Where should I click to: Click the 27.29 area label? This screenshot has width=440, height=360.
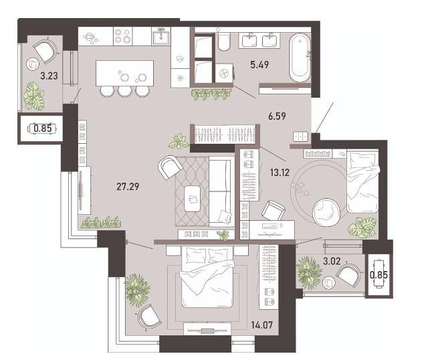[128, 186]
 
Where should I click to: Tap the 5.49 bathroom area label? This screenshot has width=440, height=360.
[259, 65]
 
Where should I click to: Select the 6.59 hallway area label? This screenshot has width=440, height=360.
[277, 116]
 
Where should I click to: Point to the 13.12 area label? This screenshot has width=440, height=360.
[280, 173]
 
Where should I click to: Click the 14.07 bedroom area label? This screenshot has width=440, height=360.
[262, 325]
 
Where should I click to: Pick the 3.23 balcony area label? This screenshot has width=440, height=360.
[49, 76]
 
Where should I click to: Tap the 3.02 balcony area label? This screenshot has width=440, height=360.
[332, 261]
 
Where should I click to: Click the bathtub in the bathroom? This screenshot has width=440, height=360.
[300, 58]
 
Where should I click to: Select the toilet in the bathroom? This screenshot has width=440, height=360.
[223, 42]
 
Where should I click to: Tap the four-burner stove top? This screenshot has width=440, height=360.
[123, 36]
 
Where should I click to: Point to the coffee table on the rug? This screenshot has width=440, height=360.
[192, 198]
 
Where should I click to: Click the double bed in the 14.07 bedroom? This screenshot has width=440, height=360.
[207, 276]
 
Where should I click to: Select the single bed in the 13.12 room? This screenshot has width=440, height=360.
[363, 181]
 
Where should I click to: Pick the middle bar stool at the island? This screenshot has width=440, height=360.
[124, 91]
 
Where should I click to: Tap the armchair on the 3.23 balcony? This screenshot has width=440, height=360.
[47, 52]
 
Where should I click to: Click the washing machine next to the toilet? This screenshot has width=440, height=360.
[224, 74]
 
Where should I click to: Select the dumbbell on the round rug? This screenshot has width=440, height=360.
[297, 185]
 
